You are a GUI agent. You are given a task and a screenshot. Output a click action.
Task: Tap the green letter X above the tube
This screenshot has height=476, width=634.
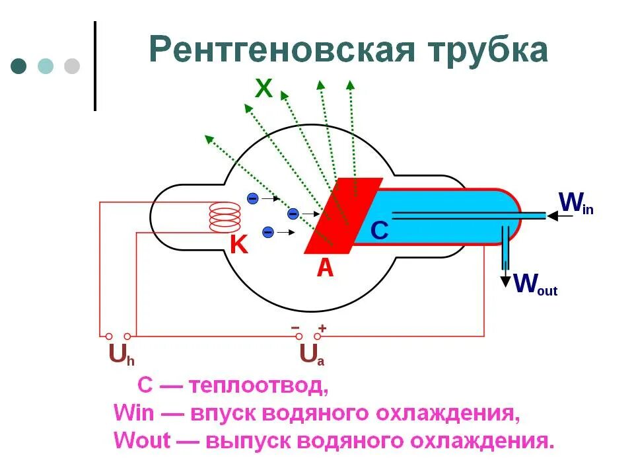(x=264, y=88)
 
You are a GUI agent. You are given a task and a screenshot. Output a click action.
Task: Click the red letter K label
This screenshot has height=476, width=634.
(x=238, y=245)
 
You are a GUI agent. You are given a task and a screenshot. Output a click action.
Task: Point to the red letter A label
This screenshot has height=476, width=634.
(x=325, y=267)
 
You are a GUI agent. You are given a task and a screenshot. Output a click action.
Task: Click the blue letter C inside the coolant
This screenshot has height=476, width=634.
(x=379, y=230)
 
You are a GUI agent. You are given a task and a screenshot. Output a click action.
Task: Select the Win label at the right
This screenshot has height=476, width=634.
(x=576, y=203)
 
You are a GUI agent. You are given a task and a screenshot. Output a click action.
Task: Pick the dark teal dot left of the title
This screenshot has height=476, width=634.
(x=18, y=66)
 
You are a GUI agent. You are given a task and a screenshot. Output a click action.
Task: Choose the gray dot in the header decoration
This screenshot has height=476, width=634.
(x=71, y=66)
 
